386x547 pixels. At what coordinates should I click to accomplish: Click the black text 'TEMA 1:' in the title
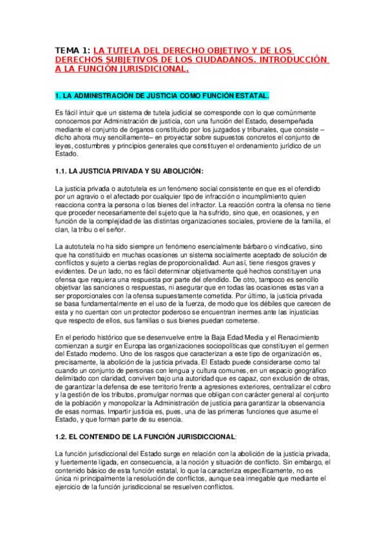point(73,50)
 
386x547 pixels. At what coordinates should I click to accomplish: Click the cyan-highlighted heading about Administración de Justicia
point(162,95)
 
